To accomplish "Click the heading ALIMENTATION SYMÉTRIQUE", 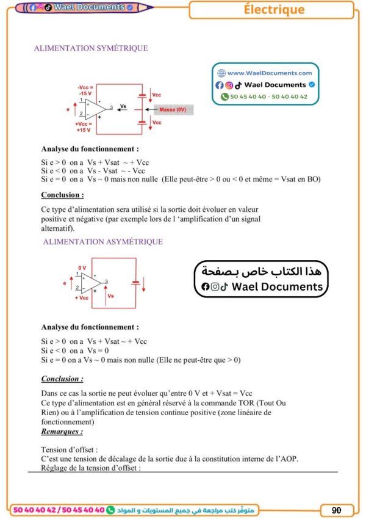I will (x=91, y=48).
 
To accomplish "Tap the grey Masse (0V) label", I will (x=173, y=110).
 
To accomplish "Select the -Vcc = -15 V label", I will (x=85, y=90).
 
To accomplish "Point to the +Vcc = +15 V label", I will (x=84, y=126).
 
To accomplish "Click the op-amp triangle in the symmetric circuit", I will (x=95, y=108).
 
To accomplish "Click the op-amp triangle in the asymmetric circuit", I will (x=92, y=282).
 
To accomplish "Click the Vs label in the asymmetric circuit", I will (x=110, y=296).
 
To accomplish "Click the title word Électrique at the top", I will (x=273, y=10).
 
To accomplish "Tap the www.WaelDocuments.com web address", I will (x=269, y=73).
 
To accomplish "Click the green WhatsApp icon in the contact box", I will (x=224, y=96).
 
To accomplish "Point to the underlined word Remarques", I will (x=62, y=431).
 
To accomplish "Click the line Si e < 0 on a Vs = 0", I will (x=75, y=350).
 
